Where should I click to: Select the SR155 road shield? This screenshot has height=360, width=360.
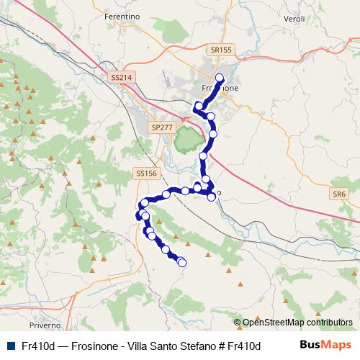click(222, 50)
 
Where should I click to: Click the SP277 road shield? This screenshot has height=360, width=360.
click(162, 127)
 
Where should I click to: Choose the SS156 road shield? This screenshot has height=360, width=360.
click(146, 174)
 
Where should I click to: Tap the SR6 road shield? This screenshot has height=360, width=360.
click(339, 194)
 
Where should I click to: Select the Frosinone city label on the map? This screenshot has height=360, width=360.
click(220, 88)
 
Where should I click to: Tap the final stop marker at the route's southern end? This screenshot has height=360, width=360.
click(181, 263)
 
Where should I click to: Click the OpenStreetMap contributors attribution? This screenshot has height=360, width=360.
click(297, 323)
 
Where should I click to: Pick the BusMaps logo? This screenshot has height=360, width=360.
click(326, 346)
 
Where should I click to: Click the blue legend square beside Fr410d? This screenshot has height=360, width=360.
click(10, 346)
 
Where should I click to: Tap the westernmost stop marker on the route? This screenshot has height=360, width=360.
click(140, 215)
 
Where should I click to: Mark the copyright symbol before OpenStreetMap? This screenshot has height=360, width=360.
click(238, 323)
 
